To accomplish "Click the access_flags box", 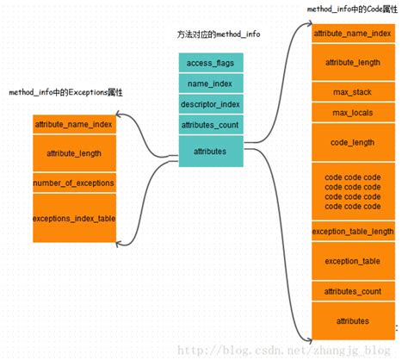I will coord(211,63).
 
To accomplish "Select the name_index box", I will coord(211,84).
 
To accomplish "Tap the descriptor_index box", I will coord(211,105).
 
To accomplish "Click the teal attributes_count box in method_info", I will coord(211,126).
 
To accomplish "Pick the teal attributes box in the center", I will coord(211,151).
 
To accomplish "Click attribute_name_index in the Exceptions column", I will coord(73,124).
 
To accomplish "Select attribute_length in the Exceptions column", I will coord(73,153).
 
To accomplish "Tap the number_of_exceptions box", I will coord(73,183).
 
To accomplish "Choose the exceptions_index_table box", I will coord(73,218).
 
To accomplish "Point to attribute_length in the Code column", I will coord(353,62).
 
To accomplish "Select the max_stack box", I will coord(353,91).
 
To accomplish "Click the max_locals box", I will coord(353,113).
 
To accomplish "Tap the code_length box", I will coord(353,142).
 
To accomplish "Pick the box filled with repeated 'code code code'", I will coord(353,191).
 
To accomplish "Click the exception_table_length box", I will coord(353,232).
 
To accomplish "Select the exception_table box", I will coord(353,260).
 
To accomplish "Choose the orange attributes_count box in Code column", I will coord(353,292).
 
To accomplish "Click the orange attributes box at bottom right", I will coord(353,320).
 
